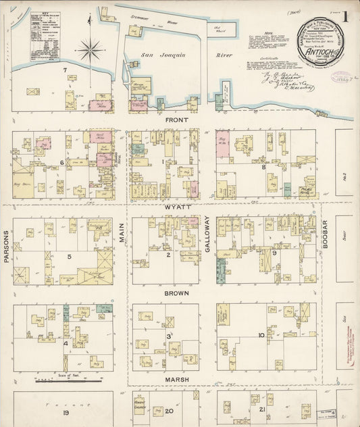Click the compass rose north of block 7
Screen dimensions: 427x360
pyautogui.click(x=89, y=49)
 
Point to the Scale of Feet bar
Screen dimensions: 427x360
pyautogui.click(x=51, y=380)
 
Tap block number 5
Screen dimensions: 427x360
pyautogui.click(x=69, y=256)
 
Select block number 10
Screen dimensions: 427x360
pyautogui.click(x=261, y=335)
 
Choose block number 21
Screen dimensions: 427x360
pyautogui.click(x=261, y=410)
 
